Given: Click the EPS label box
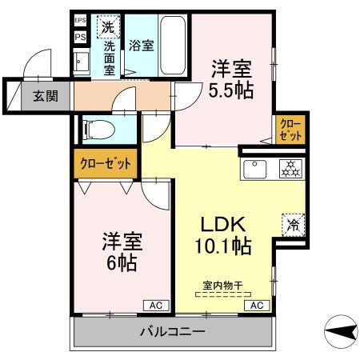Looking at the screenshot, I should (x=80, y=21).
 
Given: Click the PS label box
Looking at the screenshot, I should (x=80, y=37).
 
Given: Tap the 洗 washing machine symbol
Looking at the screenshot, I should (x=108, y=28).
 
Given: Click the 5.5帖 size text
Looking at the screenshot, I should (x=231, y=90).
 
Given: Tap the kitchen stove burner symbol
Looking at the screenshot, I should (x=289, y=168).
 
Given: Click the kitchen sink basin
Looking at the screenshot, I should (x=256, y=169).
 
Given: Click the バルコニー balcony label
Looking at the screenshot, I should (x=174, y=330).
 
